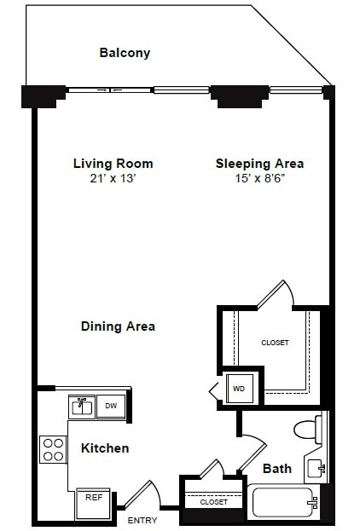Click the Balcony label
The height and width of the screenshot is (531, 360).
coord(125,53)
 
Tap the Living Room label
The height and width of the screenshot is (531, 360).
coord(113,164)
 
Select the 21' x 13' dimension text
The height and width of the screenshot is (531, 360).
coord(113,178)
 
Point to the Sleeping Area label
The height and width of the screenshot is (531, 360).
coord(259,164)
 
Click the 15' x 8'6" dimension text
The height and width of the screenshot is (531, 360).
coord(259,178)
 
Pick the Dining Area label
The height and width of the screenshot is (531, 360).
coord(118,326)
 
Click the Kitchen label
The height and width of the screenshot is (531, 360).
coord(105,447)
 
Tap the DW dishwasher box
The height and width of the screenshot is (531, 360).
coord(111,407)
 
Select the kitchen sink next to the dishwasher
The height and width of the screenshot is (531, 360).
coord(83,407)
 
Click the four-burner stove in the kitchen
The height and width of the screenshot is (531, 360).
coord(54,448)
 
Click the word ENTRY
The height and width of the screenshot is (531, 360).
coord(142,520)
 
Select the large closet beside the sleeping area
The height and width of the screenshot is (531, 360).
coord(275,343)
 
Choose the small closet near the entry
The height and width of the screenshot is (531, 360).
coord(213,502)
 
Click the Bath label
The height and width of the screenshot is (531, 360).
coord(277,468)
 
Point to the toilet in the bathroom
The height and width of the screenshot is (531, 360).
coord(306,429)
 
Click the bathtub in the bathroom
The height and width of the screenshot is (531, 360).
coord(282,501)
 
